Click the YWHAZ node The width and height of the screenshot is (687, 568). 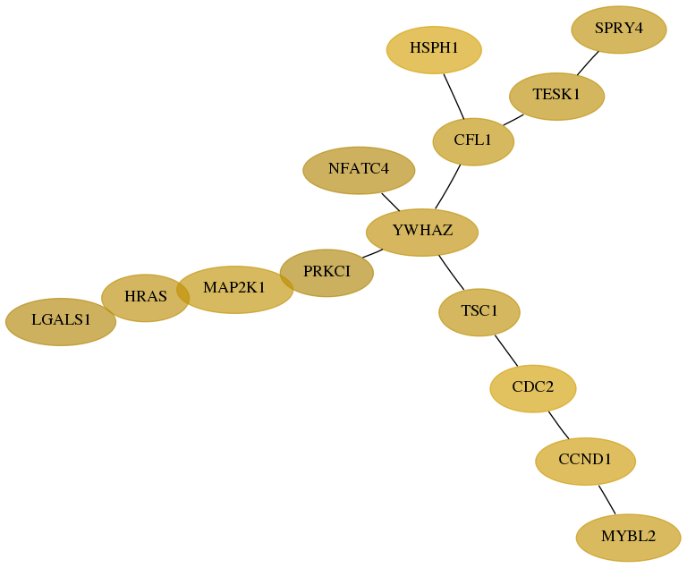click(422, 233)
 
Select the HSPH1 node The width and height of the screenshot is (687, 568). click(434, 50)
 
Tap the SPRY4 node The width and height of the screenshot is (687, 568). click(619, 30)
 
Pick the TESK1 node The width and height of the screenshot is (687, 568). click(557, 97)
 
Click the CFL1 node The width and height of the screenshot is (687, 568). click(473, 141)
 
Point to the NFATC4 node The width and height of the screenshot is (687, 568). click(359, 171)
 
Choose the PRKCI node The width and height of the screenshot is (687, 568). click(327, 273)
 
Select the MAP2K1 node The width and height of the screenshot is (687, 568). click(235, 290)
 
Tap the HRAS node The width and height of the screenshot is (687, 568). click(146, 298)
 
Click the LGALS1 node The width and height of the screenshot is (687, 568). click(61, 322)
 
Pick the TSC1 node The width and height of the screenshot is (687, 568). click(479, 312)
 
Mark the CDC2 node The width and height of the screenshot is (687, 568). click(533, 389)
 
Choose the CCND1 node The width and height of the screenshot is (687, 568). click(585, 462)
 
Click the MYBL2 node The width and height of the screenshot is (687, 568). click(629, 538)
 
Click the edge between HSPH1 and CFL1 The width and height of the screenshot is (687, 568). click(454, 97)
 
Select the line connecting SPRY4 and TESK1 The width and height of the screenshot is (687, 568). click(588, 64)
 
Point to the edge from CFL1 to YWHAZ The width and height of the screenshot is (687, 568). click(448, 187)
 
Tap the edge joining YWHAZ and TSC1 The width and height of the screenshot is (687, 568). click(451, 273)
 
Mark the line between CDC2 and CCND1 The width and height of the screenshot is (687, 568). click(558, 425)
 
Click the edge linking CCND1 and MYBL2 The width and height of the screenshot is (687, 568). click(606, 500)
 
